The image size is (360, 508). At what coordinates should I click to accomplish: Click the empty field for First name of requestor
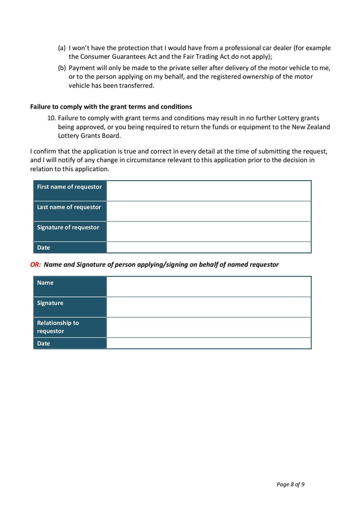209,191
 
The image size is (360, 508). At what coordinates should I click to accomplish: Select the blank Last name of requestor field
209,211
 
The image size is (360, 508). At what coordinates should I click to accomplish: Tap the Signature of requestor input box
209,232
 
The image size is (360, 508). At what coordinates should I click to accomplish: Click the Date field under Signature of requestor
209,248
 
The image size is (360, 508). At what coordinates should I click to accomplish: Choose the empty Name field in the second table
209,287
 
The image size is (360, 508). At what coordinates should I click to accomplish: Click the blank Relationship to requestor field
209,327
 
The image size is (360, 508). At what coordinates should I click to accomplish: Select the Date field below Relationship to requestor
209,343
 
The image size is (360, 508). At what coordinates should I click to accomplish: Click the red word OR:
36,265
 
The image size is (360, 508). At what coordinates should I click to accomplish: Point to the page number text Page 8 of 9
290,484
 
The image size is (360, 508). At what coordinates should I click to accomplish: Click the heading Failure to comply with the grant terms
111,107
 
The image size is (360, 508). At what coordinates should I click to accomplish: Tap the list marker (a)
62,48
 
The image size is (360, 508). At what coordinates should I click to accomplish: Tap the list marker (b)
62,68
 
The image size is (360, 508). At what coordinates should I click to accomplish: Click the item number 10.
51,118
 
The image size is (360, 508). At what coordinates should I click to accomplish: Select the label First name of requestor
69,187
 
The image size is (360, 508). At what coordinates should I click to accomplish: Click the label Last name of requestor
69,207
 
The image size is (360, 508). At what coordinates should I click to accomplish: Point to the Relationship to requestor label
58,327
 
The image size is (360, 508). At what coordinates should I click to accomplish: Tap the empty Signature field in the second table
209,307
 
